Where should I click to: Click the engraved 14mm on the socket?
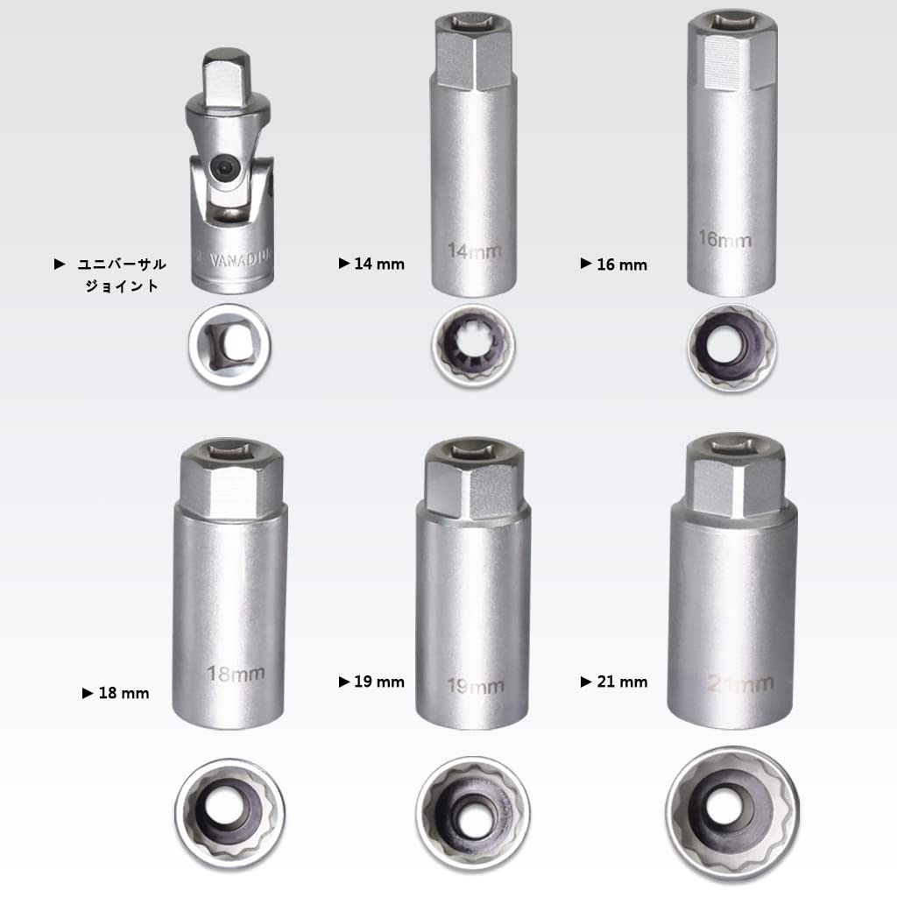point(475,251)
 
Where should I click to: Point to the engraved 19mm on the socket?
point(474,686)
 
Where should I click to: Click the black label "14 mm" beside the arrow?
point(378,264)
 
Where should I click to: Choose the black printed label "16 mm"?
point(621,264)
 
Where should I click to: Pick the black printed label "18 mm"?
point(123,693)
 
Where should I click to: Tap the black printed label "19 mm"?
point(378,682)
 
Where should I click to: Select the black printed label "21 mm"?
point(621,682)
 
